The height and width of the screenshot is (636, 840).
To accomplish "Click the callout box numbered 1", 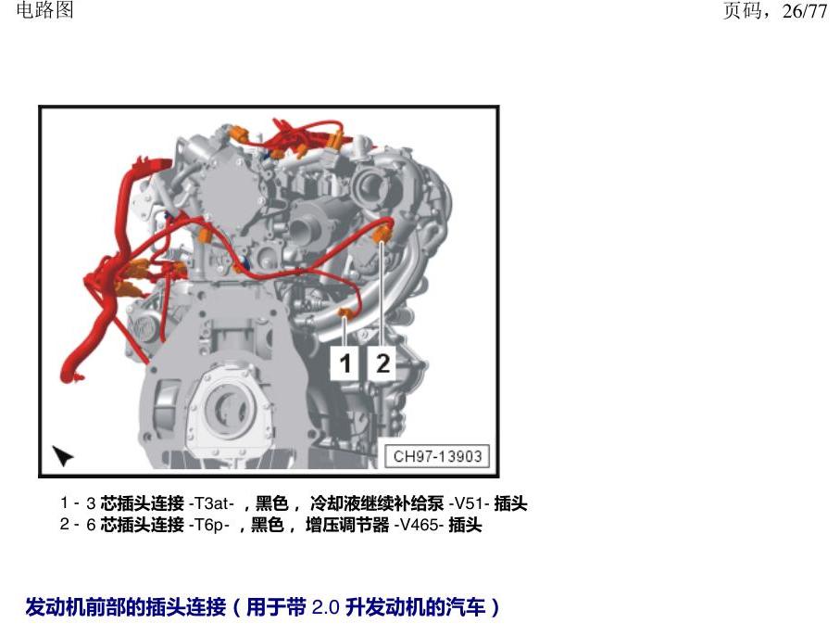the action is coord(345,363).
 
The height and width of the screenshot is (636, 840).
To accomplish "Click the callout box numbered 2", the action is coord(382,363).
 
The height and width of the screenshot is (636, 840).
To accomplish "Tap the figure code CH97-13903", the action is coord(437,456).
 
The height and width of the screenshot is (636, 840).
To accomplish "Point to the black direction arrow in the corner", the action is coord(62,455).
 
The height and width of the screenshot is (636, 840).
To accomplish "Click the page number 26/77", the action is coord(805,11).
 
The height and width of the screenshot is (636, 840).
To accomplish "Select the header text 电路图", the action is coord(45,9).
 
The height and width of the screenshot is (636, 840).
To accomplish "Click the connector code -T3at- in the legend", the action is coord(211,503).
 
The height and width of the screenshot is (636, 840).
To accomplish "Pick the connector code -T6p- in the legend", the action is coord(209,525).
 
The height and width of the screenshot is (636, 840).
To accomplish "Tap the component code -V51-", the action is coord(470,503).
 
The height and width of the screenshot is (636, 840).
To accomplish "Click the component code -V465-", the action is coord(419,525).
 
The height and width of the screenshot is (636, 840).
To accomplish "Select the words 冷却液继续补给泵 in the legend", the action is coord(377,503).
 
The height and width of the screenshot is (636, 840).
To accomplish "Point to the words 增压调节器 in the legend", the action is coord(347,525).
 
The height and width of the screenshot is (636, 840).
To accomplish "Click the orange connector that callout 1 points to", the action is coord(345,312).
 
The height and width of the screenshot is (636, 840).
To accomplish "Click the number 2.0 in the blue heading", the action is coord(326,607).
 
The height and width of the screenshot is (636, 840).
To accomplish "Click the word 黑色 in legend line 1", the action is coord(272,503).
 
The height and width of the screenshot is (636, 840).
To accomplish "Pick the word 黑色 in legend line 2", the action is coord(268,525).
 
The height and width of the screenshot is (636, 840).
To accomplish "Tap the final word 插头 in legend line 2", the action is coord(465,525).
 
